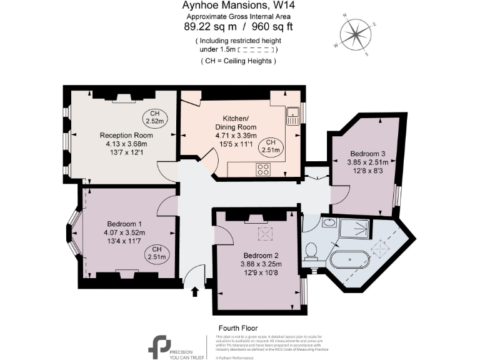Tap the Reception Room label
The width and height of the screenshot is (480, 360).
point(126,135)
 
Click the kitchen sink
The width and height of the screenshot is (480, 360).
point(293,114)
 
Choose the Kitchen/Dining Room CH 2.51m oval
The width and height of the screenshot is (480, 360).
point(272,146)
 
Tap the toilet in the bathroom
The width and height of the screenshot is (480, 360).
point(312,252)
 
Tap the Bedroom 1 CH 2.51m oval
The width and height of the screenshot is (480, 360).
point(157,252)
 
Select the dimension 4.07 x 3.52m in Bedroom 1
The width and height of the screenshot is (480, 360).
point(124,232)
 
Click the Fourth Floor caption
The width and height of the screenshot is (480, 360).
point(237,328)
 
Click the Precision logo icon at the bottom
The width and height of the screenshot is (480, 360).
point(159,346)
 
